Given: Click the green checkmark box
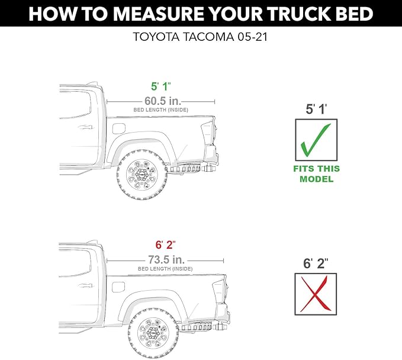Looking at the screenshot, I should coord(316,140).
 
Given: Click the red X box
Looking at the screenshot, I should coord(316,294).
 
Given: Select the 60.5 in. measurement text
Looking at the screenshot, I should coord(162,101).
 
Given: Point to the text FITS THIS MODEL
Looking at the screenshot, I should coord(316,173).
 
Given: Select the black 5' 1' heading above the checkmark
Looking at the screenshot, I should coord(316,110).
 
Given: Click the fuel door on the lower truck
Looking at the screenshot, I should coord(118,287).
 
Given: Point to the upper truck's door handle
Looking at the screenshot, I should coord(86,127).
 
